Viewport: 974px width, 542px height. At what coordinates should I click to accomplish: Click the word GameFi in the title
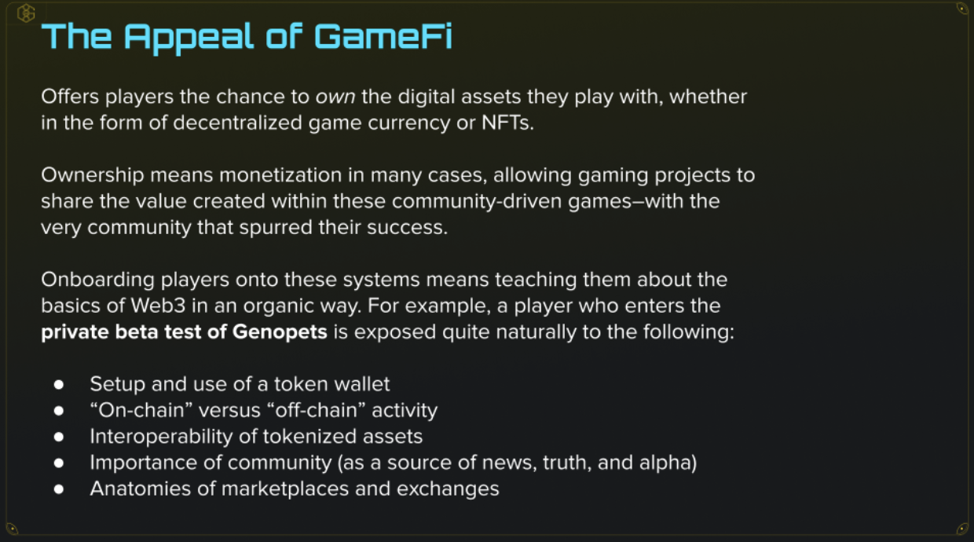(x=383, y=36)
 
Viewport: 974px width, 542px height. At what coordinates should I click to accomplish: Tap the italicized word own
(x=335, y=97)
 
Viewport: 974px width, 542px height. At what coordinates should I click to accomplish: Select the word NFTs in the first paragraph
(x=507, y=123)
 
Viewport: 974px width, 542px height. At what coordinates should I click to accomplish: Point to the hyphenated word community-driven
(x=477, y=201)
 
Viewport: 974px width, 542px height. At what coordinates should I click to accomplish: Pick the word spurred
(x=275, y=228)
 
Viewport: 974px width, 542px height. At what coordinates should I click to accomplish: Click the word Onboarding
(x=98, y=280)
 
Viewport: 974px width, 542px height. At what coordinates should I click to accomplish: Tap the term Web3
(x=159, y=306)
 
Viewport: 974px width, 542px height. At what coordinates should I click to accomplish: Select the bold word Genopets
(x=280, y=332)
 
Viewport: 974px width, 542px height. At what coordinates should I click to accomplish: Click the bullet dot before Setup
(x=59, y=385)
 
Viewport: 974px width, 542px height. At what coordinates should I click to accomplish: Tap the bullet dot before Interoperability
(x=59, y=437)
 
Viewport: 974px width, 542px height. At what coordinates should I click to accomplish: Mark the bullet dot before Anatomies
(x=59, y=489)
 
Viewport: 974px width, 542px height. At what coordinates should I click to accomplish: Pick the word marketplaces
(x=285, y=489)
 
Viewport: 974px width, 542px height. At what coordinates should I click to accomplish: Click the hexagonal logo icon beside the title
(x=26, y=13)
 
